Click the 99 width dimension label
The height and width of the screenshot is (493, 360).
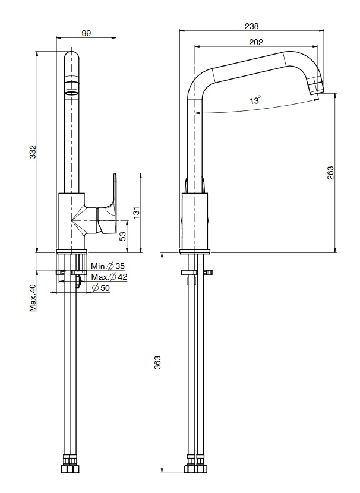point(86,33)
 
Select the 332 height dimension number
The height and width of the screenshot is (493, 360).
point(33,151)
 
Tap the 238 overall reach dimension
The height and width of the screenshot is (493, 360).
point(251,26)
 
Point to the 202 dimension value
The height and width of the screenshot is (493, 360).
point(256,42)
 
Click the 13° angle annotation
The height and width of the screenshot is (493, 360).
point(255,100)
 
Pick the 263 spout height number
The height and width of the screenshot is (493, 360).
point(330,173)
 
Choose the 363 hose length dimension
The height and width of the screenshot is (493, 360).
point(157,362)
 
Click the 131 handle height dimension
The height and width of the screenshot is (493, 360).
point(136,213)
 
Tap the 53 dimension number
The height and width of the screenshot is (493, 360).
point(123,236)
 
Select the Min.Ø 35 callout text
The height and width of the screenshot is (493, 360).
point(108,266)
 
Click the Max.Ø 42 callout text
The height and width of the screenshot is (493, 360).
point(109,277)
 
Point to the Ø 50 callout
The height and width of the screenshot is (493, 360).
point(100,287)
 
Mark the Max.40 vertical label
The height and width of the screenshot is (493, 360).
point(33,298)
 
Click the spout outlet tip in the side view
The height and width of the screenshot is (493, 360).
point(316,87)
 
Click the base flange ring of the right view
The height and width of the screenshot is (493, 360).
point(195,251)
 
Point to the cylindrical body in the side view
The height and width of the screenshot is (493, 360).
point(195,221)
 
